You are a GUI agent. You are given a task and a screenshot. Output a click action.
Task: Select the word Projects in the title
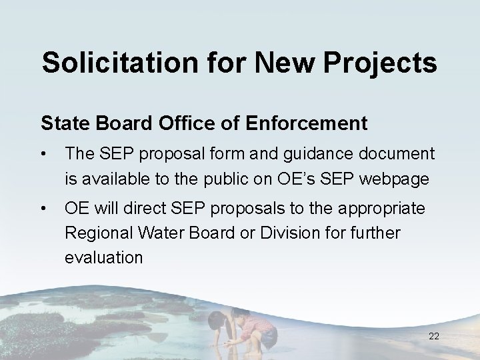click(382, 63)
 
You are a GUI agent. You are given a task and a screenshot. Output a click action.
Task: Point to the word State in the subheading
click(63, 123)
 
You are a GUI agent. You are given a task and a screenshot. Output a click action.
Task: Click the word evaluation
click(103, 258)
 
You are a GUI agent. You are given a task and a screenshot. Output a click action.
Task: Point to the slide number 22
click(434, 337)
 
